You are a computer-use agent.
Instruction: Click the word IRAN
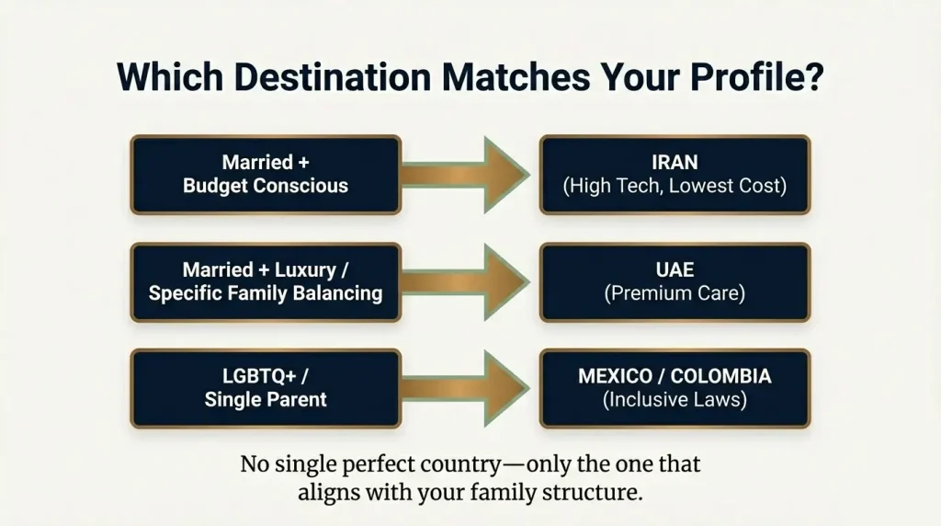point(675,163)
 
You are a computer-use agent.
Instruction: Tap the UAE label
point(675,270)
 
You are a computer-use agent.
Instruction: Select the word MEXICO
point(618,376)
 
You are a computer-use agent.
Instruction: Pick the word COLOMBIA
point(721,376)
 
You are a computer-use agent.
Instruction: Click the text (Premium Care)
point(675,294)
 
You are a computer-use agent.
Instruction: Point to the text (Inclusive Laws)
point(675,400)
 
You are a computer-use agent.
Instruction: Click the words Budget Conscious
point(266,187)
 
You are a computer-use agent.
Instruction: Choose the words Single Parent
point(266,400)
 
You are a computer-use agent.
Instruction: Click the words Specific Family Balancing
point(266,294)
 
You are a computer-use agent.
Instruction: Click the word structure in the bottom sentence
point(589,492)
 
